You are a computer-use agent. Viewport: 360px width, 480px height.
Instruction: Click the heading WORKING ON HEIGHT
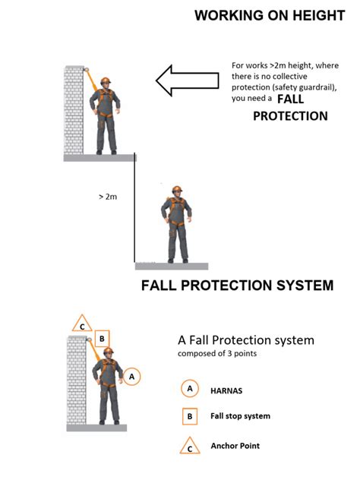click(x=270, y=15)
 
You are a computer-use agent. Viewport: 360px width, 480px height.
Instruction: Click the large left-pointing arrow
click(x=188, y=80)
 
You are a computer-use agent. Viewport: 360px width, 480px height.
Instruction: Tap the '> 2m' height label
click(x=108, y=197)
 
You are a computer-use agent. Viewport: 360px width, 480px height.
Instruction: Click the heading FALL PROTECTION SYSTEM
click(x=237, y=286)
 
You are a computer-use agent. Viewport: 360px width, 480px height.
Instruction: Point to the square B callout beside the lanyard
click(x=103, y=338)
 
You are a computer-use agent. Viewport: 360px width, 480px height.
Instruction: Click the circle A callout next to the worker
click(x=131, y=375)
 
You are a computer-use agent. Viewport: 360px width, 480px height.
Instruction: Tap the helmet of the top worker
click(x=105, y=81)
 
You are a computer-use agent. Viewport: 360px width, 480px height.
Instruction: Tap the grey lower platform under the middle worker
click(x=171, y=266)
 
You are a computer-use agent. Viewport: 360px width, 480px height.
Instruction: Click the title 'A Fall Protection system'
click(x=245, y=339)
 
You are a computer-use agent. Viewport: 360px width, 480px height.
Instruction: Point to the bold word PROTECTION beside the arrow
click(x=290, y=116)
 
